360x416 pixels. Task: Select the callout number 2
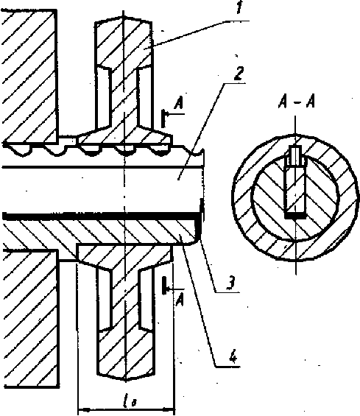[239, 73]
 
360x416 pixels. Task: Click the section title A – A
[297, 101]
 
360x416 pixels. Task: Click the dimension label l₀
[129, 402]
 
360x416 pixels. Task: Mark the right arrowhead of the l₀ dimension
[168, 409]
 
